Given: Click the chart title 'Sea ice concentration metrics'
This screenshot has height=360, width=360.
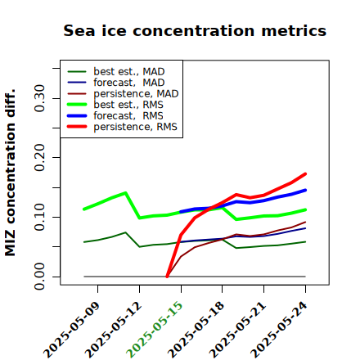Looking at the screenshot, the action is [x=195, y=30].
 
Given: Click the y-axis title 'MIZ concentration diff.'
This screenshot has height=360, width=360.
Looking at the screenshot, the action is [x=10, y=173].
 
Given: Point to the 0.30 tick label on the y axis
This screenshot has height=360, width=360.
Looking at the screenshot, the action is [x=40, y=98].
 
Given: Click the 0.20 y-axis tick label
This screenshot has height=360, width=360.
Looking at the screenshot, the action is [x=40, y=158].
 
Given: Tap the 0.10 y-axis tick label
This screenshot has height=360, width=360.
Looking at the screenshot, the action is [x=40, y=217].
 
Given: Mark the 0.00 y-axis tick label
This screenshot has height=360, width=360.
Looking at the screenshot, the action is [x=40, y=277].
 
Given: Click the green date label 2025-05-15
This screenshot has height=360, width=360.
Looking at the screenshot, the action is [x=155, y=330].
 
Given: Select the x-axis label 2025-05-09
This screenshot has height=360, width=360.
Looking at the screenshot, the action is [x=71, y=330].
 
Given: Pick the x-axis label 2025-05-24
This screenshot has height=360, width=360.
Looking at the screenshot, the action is [x=279, y=330].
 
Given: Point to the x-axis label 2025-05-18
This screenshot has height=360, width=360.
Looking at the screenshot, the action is [x=196, y=330].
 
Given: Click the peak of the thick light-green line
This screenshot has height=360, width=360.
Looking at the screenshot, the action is [x=125, y=193].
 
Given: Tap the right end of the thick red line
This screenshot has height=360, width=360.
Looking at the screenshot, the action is [x=305, y=173].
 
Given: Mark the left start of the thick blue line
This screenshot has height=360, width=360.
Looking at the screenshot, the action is [x=181, y=212].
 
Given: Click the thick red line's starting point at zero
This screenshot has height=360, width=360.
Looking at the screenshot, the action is [x=167, y=277].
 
